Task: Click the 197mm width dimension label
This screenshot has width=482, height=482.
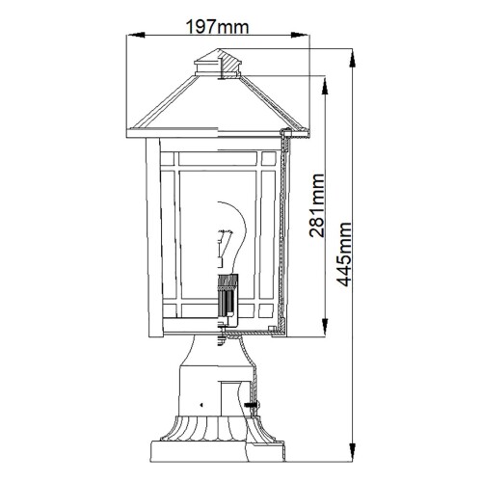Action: [215, 28]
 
